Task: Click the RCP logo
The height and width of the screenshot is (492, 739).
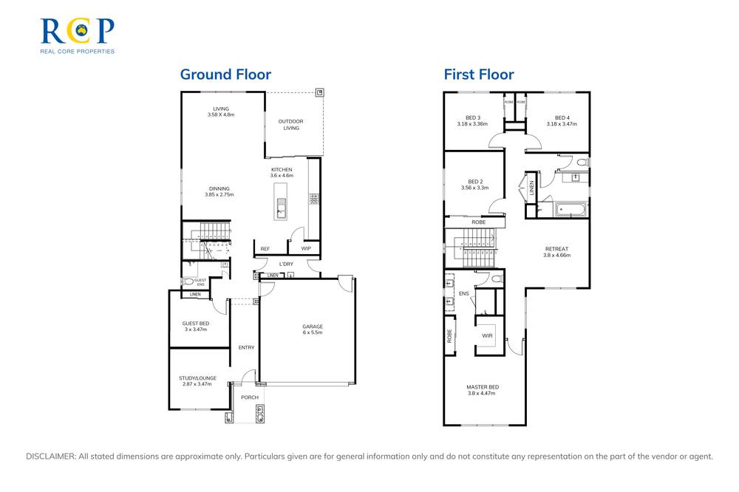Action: coord(77,35)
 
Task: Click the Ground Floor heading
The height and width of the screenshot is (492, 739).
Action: coord(225,75)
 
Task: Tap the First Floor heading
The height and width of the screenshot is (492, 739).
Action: coord(478,75)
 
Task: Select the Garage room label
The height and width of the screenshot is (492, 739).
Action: coord(312,327)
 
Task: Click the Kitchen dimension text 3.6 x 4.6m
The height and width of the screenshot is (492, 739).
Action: coord(282,176)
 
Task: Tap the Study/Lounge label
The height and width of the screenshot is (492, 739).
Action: coord(197,377)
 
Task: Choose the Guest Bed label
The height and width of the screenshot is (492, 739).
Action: coord(196,323)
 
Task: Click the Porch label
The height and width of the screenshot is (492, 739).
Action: coord(250,397)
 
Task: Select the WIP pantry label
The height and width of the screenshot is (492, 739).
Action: coord(305,249)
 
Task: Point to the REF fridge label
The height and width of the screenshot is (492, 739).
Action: coord(265,249)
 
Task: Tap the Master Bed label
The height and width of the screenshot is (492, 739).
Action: coord(482,387)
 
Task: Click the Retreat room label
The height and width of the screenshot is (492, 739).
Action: coord(556,249)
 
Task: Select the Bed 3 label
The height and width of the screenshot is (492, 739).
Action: coord(473,117)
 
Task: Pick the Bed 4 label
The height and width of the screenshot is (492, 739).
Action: coord(562,117)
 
